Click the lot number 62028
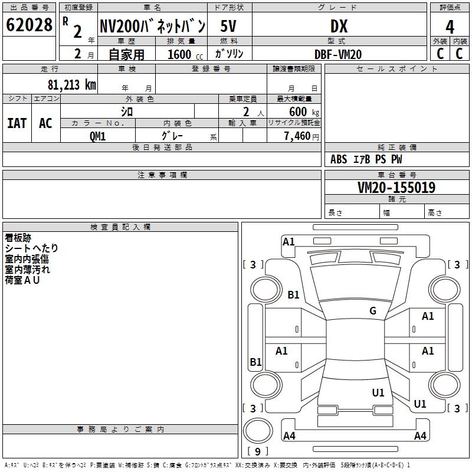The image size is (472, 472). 29,25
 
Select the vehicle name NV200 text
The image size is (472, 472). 152,26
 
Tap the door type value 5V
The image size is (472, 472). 229,26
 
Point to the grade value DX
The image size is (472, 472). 339,26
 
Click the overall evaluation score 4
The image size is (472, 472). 450,27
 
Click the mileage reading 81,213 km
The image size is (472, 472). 71,85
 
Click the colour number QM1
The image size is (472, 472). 97,136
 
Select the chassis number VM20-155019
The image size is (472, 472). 396,188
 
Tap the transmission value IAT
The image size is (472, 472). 17,123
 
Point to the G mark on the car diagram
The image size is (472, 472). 373,311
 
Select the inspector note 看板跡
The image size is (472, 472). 18,238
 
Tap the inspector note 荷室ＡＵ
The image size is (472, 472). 22,280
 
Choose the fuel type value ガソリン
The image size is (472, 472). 230,54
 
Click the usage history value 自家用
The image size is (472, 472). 126,54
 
